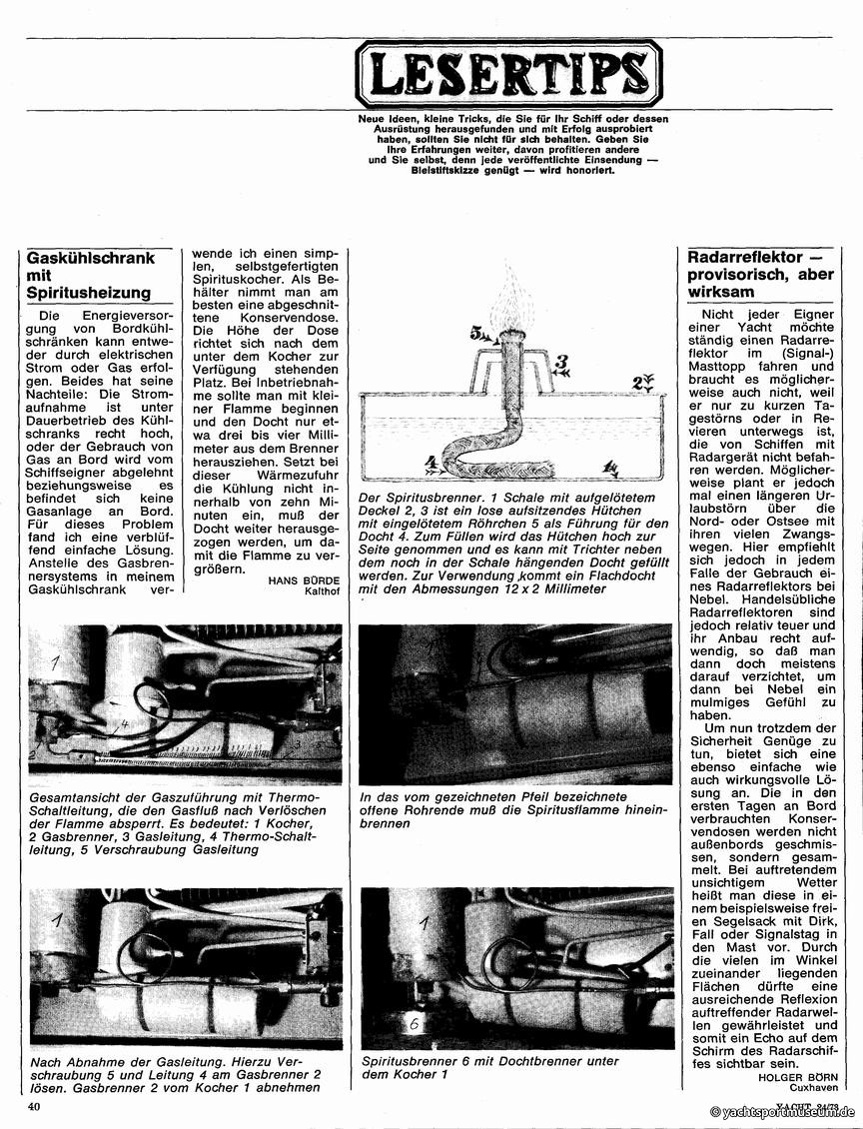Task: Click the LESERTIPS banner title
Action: tap(508, 73)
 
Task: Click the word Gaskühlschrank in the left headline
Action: tap(91, 257)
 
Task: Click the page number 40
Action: tap(34, 1106)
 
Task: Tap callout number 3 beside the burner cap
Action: tap(562, 362)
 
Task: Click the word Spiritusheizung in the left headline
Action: tap(90, 293)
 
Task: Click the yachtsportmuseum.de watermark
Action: tap(783, 1112)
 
